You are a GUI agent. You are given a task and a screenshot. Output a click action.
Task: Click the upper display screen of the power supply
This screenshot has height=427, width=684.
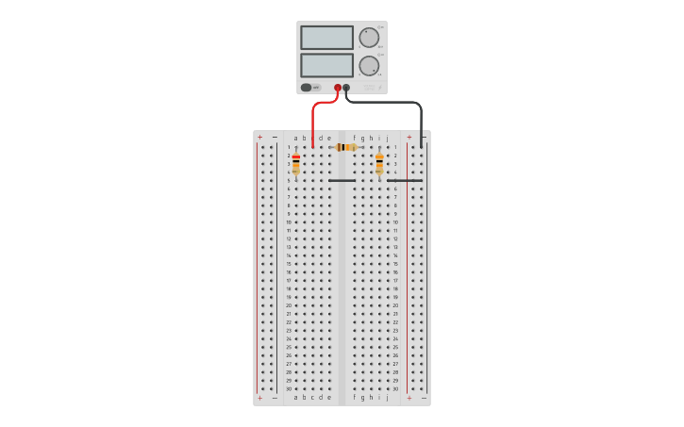(326, 38)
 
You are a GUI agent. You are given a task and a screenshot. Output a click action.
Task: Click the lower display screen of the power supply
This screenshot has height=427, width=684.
(326, 65)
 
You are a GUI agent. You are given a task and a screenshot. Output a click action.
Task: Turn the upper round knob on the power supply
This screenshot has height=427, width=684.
(368, 38)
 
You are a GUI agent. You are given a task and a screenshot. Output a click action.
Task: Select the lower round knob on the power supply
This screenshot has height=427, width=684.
(368, 66)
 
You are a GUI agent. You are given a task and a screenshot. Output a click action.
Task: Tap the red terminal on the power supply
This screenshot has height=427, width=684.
(338, 88)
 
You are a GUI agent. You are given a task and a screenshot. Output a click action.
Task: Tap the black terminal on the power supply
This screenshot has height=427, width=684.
(346, 88)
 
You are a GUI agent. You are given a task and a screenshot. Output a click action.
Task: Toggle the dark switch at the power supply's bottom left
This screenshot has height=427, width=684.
(307, 88)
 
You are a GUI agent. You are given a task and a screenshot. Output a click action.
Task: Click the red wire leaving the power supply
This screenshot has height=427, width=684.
(313, 123)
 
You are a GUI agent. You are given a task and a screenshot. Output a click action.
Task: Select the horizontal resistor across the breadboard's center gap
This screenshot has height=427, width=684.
(346, 147)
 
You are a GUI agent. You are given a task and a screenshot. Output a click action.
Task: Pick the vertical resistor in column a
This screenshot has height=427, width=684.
(295, 164)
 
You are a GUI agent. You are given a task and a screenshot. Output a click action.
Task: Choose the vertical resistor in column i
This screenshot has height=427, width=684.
(379, 164)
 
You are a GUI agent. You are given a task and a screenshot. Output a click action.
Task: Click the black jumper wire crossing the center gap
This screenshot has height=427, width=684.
(342, 180)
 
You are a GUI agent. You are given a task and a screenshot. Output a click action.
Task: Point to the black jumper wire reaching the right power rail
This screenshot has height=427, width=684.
(404, 180)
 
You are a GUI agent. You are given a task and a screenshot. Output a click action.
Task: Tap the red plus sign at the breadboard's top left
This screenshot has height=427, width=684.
(260, 138)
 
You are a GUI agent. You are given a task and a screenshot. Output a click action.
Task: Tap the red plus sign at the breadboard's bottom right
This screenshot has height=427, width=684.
(409, 398)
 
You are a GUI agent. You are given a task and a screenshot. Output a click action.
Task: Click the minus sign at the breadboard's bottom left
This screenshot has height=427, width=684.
(275, 398)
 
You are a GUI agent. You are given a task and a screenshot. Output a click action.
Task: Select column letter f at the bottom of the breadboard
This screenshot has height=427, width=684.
(355, 397)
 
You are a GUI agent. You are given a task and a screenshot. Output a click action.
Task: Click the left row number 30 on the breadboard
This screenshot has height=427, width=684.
(289, 388)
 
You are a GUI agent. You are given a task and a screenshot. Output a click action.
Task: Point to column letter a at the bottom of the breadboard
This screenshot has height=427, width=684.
(295, 397)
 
